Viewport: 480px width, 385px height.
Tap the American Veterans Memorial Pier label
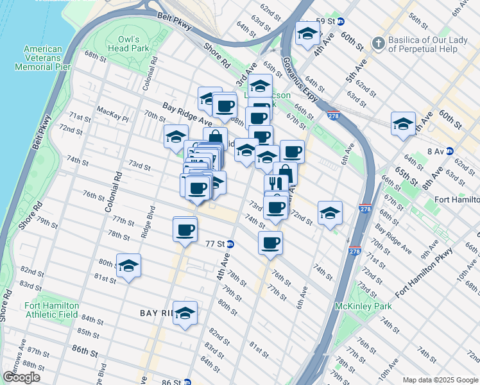(43, 58)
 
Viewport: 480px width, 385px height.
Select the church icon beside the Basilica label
(379, 44)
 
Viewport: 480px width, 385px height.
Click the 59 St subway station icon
(340, 21)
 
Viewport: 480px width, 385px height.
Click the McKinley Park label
(363, 306)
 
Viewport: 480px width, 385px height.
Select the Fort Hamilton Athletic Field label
(51, 310)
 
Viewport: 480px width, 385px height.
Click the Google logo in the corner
(21, 378)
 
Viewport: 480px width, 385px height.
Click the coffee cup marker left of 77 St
(185, 229)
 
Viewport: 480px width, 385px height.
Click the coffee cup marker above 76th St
(270, 243)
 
